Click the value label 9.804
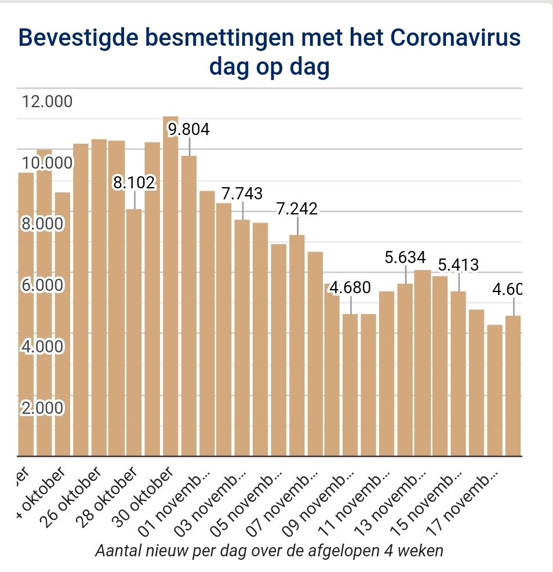coord(188,129)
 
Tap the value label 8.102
coord(134,183)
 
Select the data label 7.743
coord(242,194)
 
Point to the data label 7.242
coord(297,209)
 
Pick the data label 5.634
coord(405,257)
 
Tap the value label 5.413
coord(459,265)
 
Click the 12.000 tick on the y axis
coord(47,102)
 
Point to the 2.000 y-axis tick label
coord(41,408)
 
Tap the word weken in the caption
coord(426,549)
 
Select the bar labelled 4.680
coord(350,385)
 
